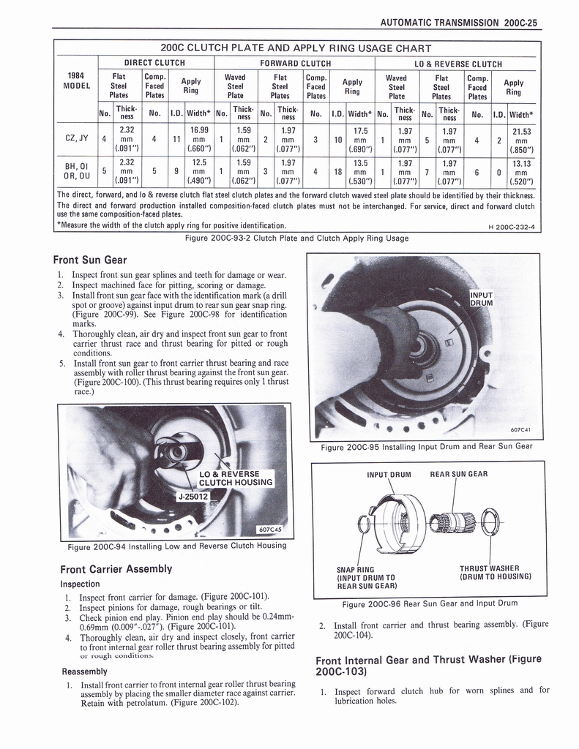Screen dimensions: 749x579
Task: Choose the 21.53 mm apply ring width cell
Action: pos(521,138)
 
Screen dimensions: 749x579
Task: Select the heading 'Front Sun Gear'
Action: pos(90,260)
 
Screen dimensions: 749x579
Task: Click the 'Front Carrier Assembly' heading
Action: pos(116,568)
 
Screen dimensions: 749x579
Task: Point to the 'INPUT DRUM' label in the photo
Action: pos(483,299)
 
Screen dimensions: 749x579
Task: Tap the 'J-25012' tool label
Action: pos(192,497)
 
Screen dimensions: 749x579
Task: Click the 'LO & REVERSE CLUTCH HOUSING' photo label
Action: pos(236,478)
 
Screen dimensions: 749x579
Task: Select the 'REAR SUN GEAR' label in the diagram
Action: pos(458,474)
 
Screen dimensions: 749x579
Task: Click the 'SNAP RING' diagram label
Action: pos(356,568)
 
